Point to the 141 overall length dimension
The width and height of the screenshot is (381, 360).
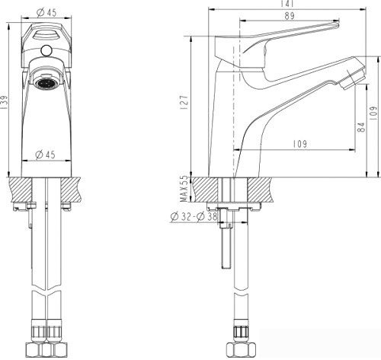[x=287, y=5]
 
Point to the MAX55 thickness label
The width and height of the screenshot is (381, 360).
[x=183, y=188]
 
